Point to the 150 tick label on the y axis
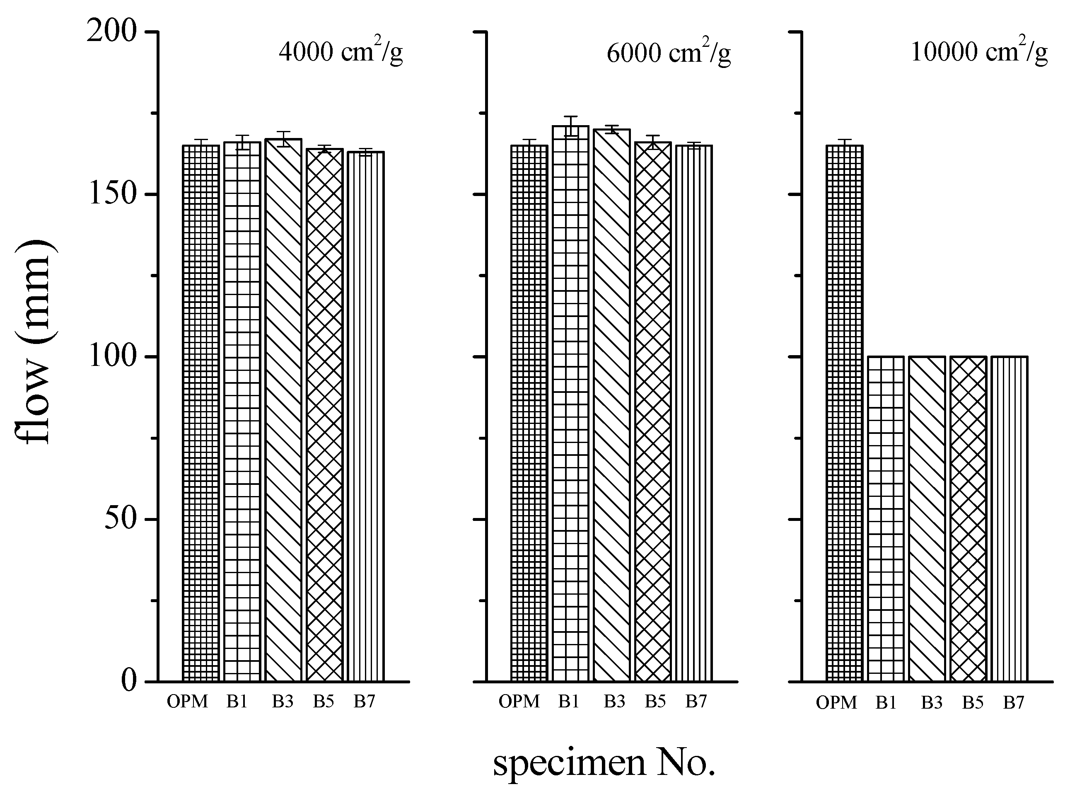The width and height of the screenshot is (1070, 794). (112, 195)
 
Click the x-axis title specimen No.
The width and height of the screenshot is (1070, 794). (604, 762)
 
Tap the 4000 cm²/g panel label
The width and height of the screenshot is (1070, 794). (340, 52)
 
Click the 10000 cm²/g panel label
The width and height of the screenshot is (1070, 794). (979, 52)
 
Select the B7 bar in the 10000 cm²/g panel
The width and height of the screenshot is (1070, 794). (1009, 519)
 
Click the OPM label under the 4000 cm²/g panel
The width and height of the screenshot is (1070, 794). (187, 702)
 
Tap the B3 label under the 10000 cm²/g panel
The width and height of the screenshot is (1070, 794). (931, 703)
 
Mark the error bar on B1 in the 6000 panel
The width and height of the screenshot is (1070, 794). (570, 126)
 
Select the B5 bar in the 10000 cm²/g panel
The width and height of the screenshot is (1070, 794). (968, 519)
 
